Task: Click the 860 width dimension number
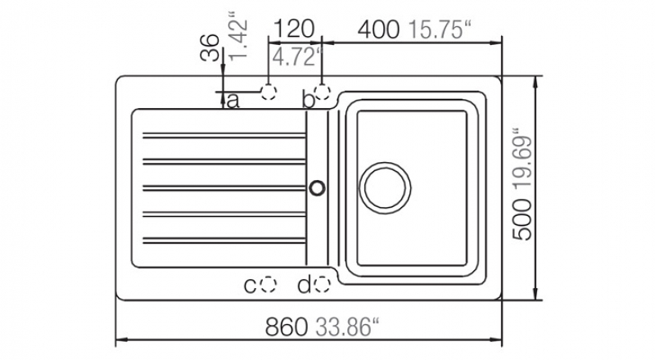(287, 327)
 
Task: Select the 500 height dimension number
(522, 220)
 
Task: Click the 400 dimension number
(378, 29)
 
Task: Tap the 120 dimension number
(294, 29)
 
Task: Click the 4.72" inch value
(298, 56)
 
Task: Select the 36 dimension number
(210, 47)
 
